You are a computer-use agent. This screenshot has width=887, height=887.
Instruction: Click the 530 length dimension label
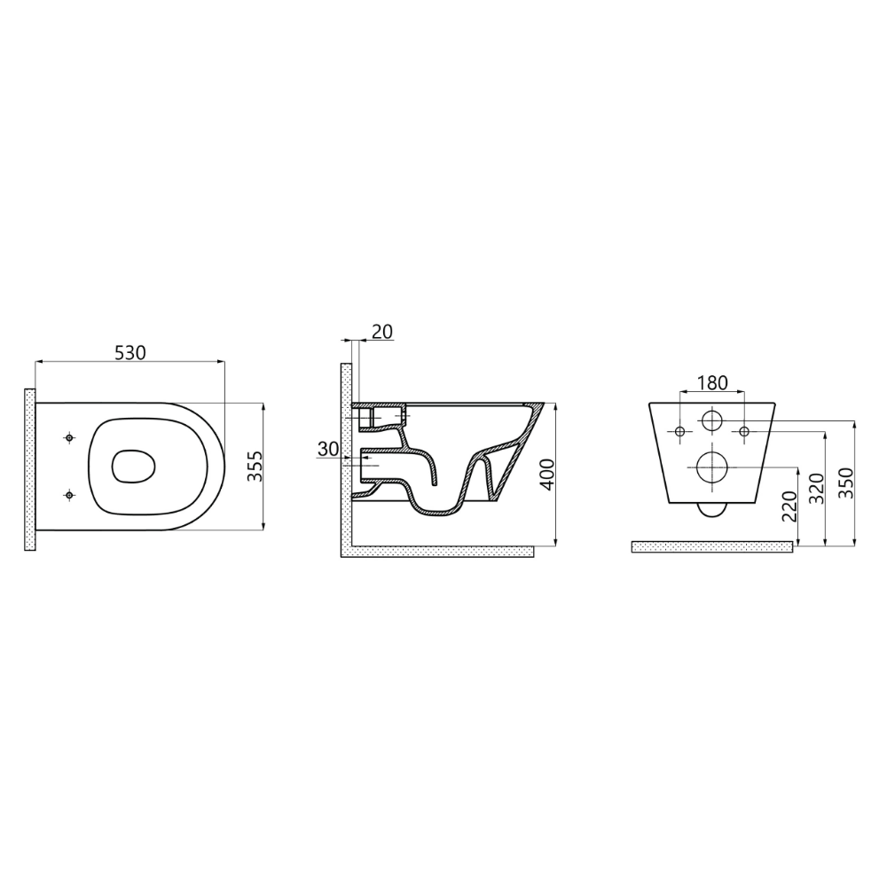click(x=130, y=352)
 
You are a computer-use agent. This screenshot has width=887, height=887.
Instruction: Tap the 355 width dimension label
click(x=255, y=467)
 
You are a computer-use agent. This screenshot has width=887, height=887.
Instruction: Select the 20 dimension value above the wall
click(x=382, y=332)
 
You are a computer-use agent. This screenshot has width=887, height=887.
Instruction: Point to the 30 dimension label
click(x=327, y=449)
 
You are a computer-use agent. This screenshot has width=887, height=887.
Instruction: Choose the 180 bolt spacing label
click(x=712, y=383)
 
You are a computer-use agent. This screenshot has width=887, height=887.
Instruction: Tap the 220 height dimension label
click(x=789, y=506)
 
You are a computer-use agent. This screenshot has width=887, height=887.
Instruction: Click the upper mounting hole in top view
click(x=69, y=438)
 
